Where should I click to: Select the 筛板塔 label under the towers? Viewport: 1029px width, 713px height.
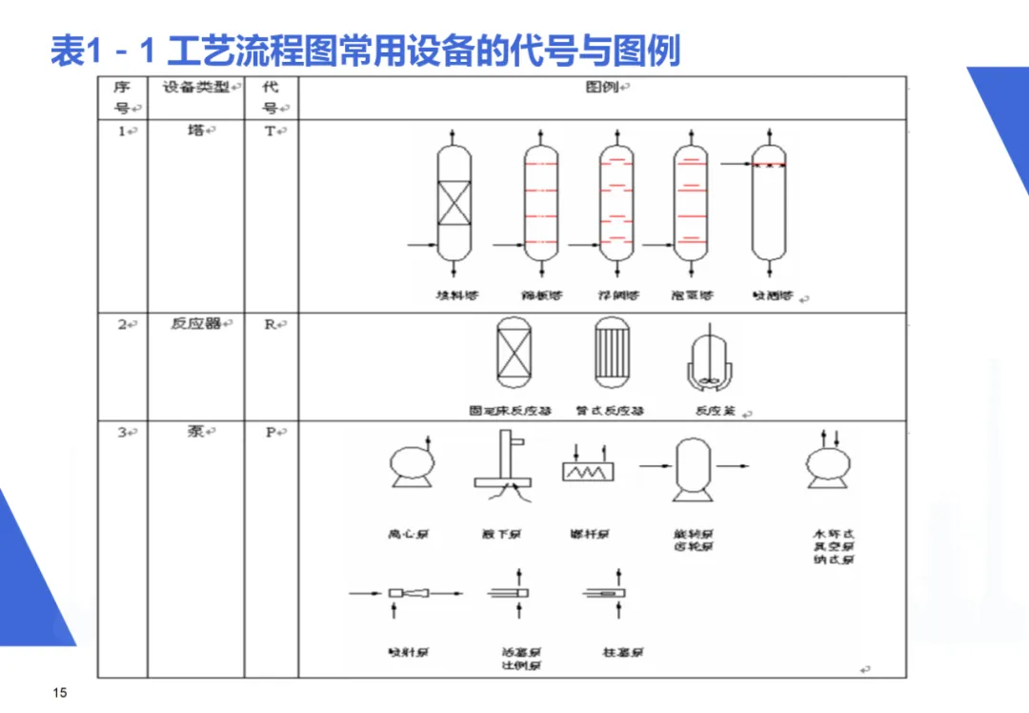(x=541, y=295)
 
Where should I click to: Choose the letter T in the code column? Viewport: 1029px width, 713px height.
(x=270, y=132)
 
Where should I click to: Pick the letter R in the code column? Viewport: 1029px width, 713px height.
(x=270, y=324)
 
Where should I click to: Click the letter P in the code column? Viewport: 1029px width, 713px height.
(x=270, y=433)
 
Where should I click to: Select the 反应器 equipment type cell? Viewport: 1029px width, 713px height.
(x=195, y=324)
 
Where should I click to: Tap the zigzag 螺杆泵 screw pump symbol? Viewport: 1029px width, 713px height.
(x=588, y=470)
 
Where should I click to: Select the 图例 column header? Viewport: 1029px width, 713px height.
(x=602, y=88)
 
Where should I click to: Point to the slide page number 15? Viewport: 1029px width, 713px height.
(x=60, y=692)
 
